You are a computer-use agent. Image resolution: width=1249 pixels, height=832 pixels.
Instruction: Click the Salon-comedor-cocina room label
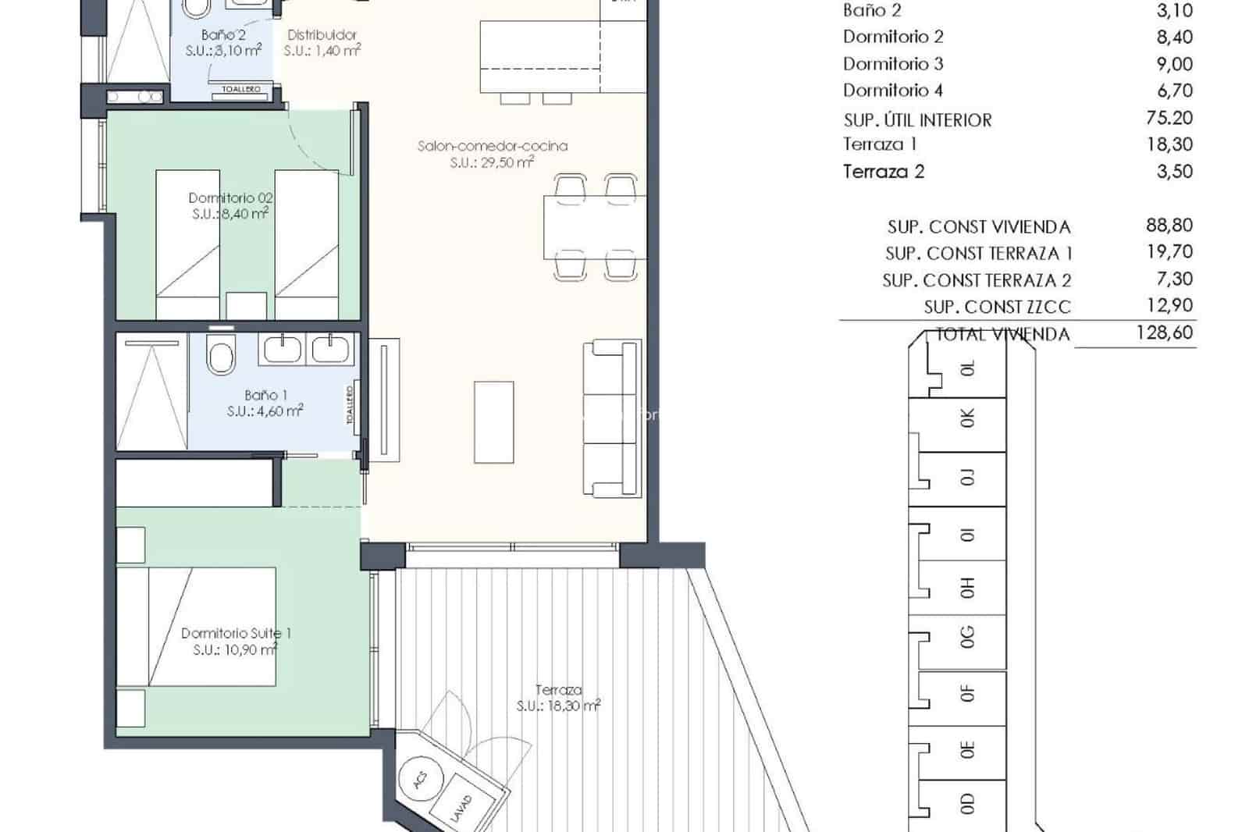pos(492,146)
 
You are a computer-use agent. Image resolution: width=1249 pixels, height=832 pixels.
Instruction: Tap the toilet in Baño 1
pos(221,358)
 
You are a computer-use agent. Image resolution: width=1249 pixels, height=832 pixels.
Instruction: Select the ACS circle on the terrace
pos(421,779)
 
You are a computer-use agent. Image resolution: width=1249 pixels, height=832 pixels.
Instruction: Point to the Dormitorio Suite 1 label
pos(237,634)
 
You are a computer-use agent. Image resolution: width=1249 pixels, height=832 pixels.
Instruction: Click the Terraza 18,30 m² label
pos(558,698)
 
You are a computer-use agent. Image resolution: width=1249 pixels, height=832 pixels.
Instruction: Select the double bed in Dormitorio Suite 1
pos(197,627)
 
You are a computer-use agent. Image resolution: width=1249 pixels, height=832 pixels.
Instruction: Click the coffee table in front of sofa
pos(493,421)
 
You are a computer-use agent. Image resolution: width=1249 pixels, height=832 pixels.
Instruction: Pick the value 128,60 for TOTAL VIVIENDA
pos(1164,332)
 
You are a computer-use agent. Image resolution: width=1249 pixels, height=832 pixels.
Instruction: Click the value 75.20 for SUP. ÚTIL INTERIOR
pos(1169,118)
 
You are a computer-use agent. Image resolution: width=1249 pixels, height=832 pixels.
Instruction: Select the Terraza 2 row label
pos(883,172)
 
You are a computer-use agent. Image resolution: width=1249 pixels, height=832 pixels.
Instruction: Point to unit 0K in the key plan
pos(967,419)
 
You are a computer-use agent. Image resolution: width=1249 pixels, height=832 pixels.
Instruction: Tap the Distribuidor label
pos(322,35)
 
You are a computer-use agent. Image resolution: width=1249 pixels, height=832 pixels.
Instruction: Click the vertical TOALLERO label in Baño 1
pos(350,404)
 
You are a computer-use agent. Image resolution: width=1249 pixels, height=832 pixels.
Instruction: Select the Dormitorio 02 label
pos(230,198)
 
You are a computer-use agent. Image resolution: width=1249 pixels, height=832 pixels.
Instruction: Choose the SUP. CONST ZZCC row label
pos(997,307)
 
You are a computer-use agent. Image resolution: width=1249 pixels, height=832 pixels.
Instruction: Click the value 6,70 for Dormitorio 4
pos(1174,91)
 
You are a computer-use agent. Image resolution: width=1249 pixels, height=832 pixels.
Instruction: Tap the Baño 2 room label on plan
pos(223,35)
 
